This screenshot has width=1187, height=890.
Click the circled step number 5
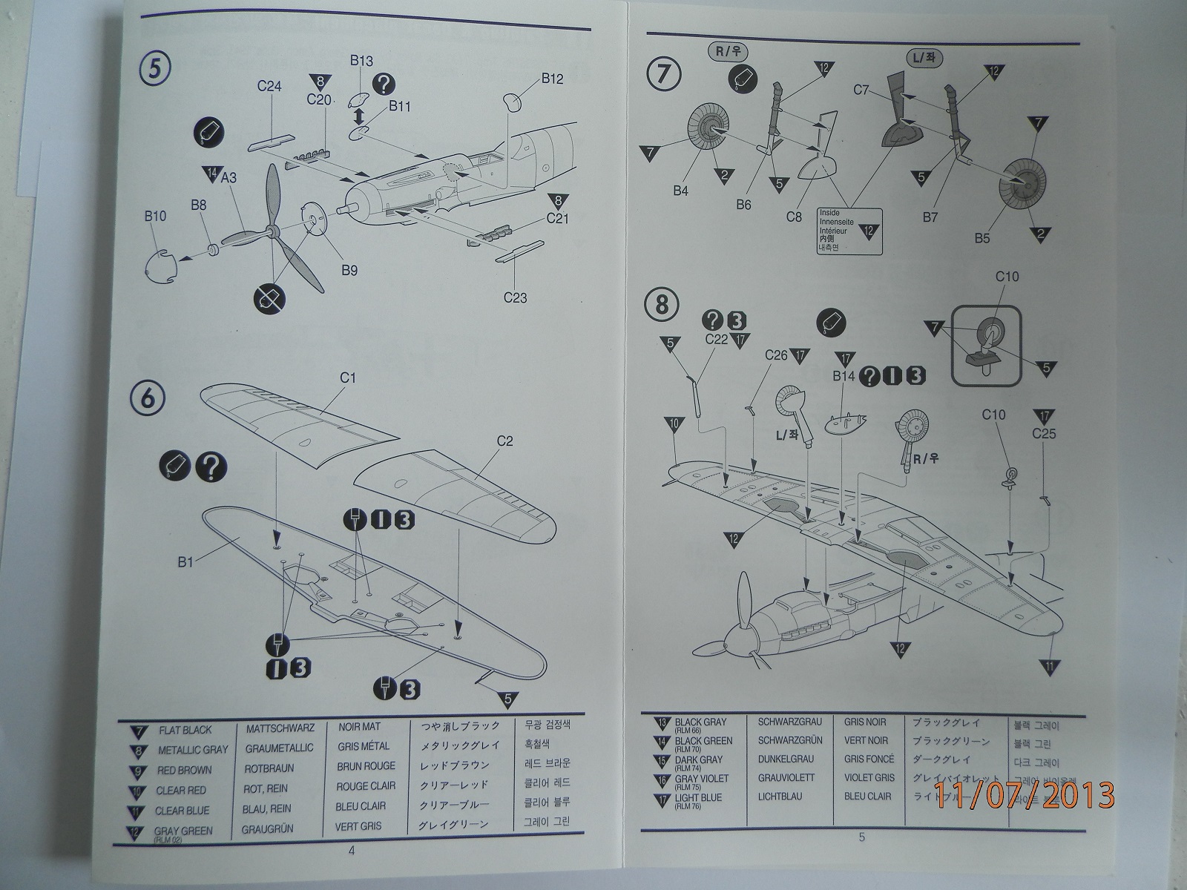(x=155, y=69)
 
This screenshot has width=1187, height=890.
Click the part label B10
(x=155, y=217)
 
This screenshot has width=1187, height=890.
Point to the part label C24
(x=269, y=86)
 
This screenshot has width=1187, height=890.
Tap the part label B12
(x=553, y=78)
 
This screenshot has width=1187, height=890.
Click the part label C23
(x=515, y=298)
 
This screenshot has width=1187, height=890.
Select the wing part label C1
(x=348, y=378)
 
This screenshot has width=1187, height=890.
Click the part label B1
(x=185, y=562)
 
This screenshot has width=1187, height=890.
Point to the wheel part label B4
(x=681, y=191)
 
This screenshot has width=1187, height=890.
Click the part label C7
(x=861, y=90)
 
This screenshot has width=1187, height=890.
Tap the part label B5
(x=982, y=239)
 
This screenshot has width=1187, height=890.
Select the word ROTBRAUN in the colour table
(x=269, y=768)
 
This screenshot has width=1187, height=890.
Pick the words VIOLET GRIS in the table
(x=869, y=778)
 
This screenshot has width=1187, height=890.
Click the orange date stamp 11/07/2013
(x=1024, y=795)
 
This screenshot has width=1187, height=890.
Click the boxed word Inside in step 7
(x=829, y=212)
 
